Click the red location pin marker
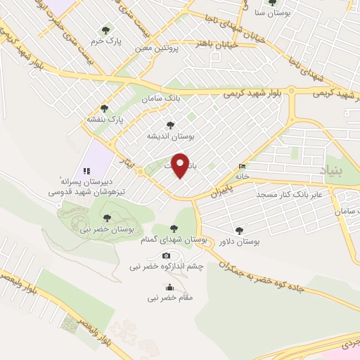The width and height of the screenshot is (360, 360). [181, 165]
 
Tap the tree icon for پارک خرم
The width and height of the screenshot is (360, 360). [105, 30]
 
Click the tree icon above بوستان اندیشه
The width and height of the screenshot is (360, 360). [169, 124]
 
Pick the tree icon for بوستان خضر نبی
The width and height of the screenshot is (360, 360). [108, 218]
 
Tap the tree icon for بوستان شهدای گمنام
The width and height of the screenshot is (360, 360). [174, 228]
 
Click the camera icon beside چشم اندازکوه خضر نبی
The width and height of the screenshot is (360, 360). [167, 255]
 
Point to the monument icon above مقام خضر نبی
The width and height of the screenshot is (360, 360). [169, 286]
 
